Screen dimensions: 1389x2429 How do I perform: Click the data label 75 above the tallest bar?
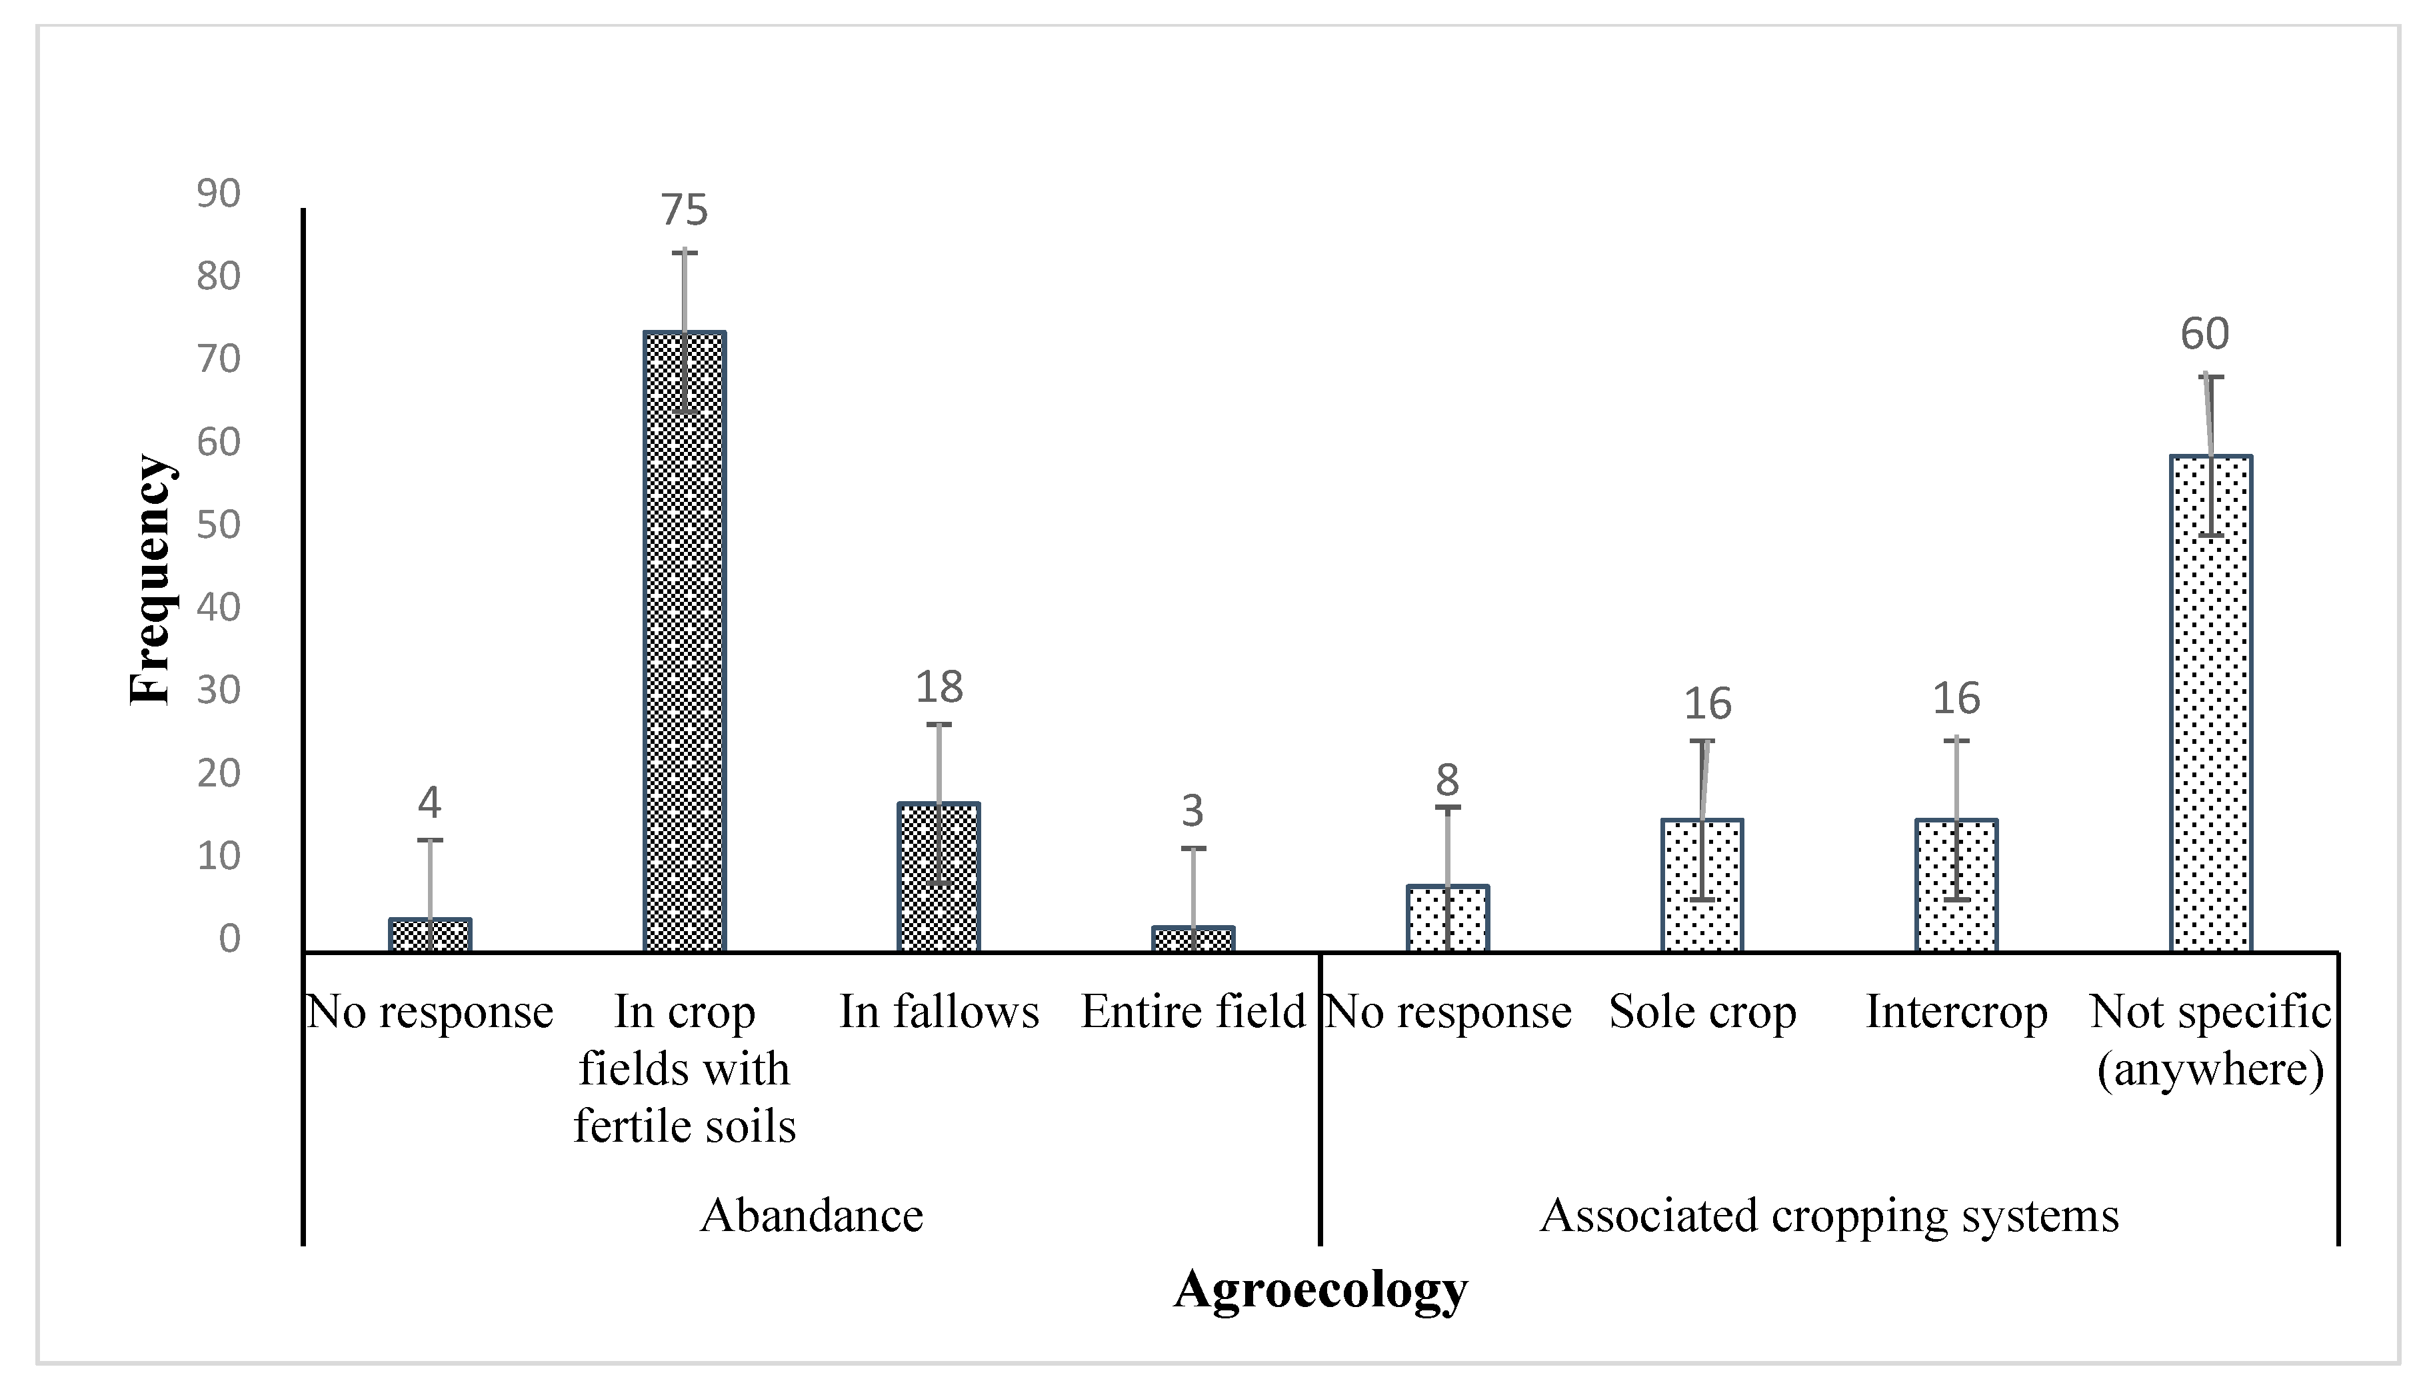tap(684, 211)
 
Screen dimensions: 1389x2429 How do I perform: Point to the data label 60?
tap(2205, 334)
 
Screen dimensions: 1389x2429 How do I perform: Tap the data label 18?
tap(939, 687)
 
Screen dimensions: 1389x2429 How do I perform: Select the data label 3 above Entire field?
tap(1193, 811)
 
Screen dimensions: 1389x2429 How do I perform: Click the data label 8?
tap(1447, 780)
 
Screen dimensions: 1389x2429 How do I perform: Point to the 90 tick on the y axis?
tap(219, 194)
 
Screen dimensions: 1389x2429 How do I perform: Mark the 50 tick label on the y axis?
tap(219, 525)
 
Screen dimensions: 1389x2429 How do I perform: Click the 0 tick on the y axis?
tap(229, 938)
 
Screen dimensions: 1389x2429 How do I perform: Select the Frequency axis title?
tap(151, 579)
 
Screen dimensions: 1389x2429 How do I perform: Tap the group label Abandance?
tap(812, 1216)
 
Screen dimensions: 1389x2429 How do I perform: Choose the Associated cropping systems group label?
tap(1829, 1216)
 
